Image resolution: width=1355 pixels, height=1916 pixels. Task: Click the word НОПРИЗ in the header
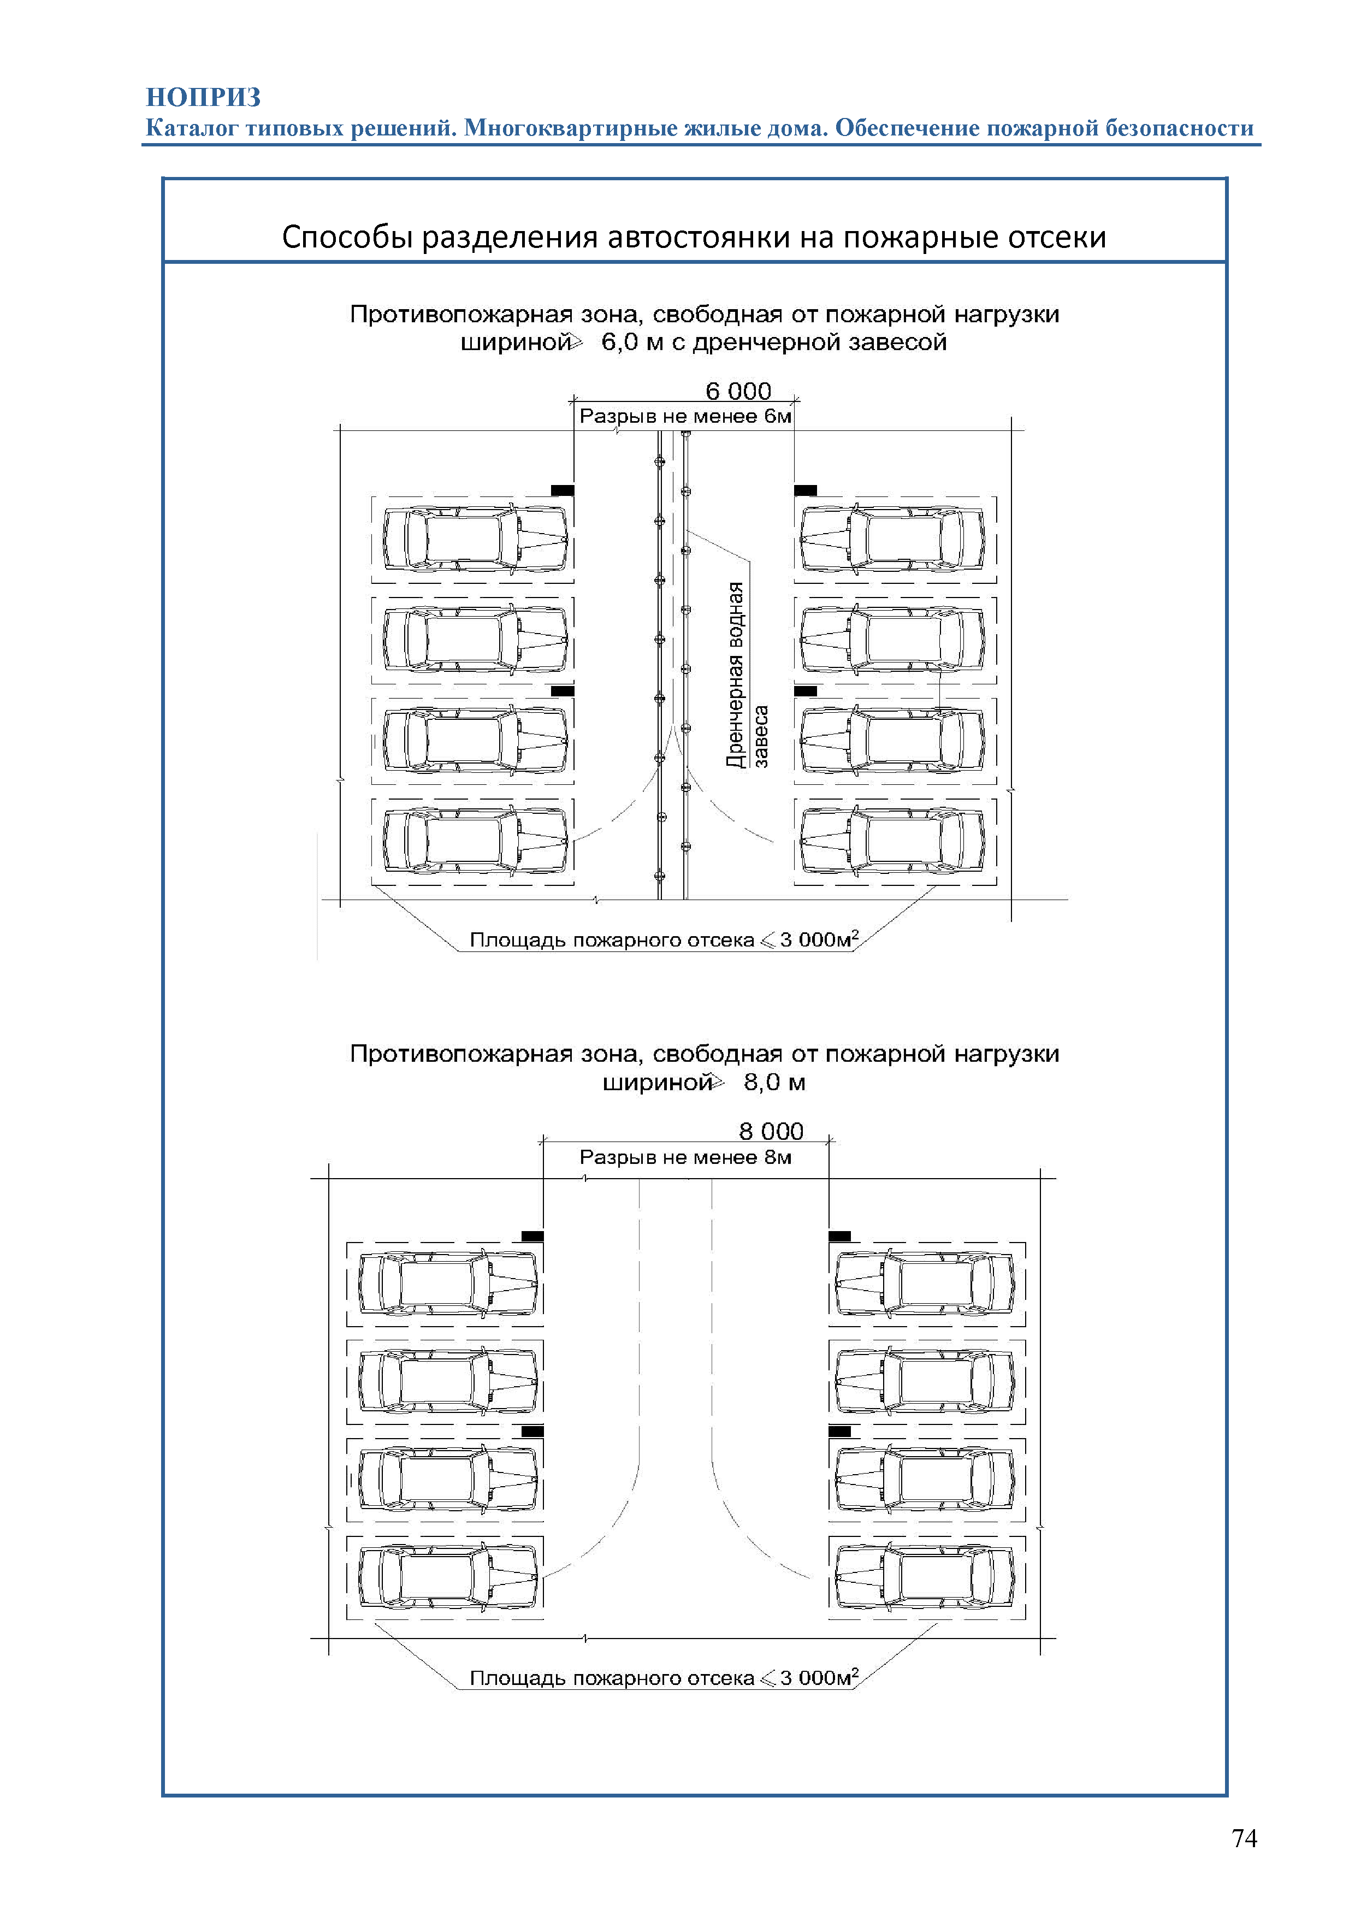204,98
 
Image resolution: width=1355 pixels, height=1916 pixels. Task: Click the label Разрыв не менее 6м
685,416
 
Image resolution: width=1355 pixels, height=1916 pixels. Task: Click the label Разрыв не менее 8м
685,1157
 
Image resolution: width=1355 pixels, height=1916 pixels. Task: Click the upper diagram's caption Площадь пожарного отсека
612,939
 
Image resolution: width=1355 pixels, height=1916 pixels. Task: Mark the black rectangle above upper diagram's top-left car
563,490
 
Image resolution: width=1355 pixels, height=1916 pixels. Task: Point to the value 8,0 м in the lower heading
774,1083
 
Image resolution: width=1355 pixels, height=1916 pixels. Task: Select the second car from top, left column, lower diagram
448,1381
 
